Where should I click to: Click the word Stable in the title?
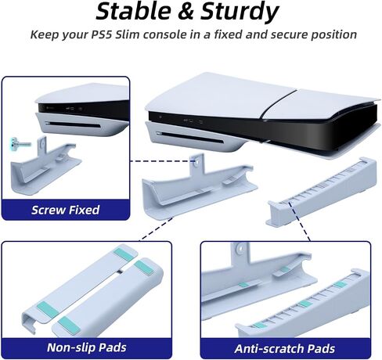click(134, 12)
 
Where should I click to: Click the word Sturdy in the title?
click(240, 13)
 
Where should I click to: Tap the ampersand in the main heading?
click(186, 13)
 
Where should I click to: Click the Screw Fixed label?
click(66, 210)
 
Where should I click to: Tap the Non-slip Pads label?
click(87, 347)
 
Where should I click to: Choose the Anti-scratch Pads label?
click(285, 349)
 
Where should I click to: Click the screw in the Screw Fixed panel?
click(20, 142)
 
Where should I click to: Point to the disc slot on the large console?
click(189, 138)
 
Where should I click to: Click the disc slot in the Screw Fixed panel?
click(73, 124)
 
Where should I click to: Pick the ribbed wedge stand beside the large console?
click(323, 192)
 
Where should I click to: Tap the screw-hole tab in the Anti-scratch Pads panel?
click(240, 252)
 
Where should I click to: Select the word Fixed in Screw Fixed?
click(84, 210)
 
